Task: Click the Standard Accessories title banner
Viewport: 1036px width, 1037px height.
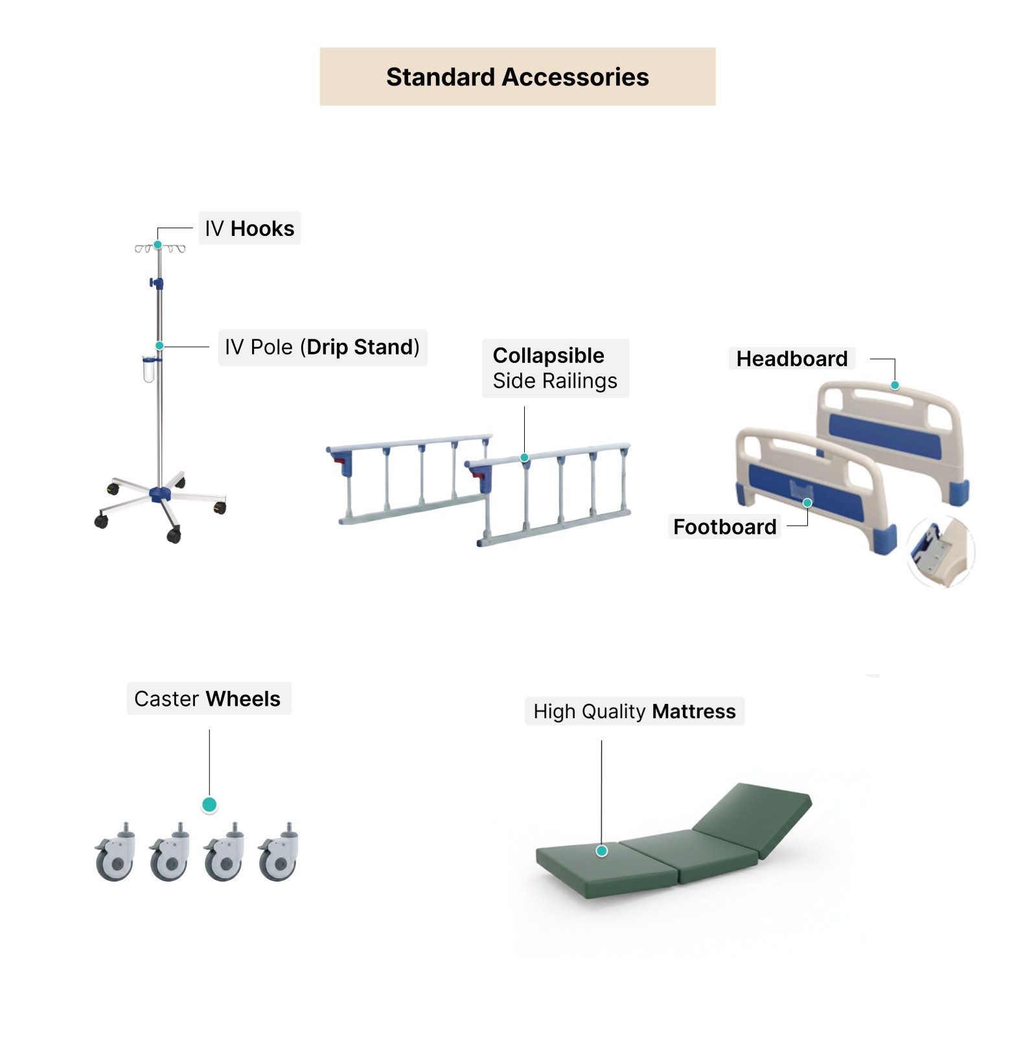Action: [517, 76]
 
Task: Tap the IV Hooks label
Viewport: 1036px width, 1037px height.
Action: [249, 228]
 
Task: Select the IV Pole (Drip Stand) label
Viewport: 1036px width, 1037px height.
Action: [322, 347]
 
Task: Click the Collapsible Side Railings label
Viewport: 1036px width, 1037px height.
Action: [555, 368]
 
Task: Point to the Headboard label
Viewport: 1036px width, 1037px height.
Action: [791, 358]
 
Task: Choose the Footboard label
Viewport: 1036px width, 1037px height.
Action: [724, 527]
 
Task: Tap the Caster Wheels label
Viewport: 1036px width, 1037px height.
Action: [207, 699]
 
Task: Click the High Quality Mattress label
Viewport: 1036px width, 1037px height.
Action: [634, 712]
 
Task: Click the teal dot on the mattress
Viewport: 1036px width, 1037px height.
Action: [602, 851]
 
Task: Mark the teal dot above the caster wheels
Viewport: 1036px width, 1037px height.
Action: [209, 805]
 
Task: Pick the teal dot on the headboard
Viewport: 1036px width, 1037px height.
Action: [895, 386]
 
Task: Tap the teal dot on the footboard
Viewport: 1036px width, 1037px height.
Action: [807, 503]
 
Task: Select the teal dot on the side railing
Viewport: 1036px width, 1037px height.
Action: [525, 458]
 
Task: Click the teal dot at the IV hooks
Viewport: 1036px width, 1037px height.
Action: [157, 245]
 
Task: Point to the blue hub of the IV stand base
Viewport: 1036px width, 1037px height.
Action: [159, 495]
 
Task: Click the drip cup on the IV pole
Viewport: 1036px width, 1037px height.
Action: [149, 369]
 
